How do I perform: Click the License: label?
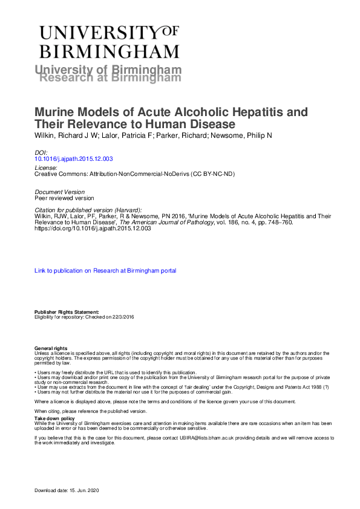pyautogui.click(x=47, y=167)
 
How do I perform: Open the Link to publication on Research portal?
pyautogui.click(x=106, y=271)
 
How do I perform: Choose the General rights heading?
pyautogui.click(x=51, y=349)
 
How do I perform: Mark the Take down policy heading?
pyautogui.click(x=54, y=418)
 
